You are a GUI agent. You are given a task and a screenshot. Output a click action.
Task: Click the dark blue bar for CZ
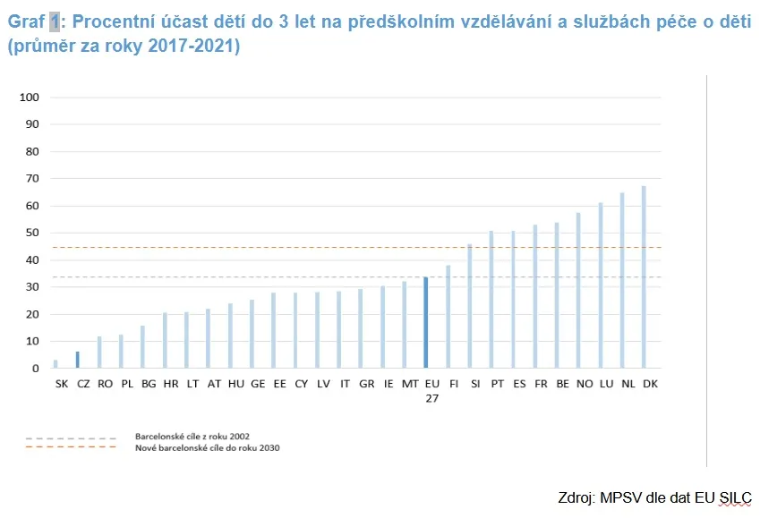point(78,360)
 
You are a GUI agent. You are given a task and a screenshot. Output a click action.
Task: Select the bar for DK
point(644,277)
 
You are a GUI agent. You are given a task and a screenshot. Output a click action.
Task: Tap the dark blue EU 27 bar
point(426,323)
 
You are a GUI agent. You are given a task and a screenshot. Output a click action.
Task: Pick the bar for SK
point(56,364)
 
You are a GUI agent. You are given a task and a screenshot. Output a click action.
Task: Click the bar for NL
point(622,281)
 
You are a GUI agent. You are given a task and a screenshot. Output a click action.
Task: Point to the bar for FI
point(448,317)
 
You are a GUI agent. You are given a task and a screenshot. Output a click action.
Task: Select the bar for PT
point(491,300)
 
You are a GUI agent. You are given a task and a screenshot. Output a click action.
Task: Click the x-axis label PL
point(126,383)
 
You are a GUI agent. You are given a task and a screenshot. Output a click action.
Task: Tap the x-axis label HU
point(235,383)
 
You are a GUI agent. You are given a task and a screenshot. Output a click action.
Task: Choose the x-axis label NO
point(584,383)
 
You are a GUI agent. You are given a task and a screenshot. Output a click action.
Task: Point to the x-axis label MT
point(409,383)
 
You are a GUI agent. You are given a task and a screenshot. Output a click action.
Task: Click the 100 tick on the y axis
point(30,98)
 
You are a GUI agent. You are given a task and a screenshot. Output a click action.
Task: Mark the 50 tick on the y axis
point(32,233)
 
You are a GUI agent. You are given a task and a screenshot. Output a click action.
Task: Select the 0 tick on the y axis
point(35,369)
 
